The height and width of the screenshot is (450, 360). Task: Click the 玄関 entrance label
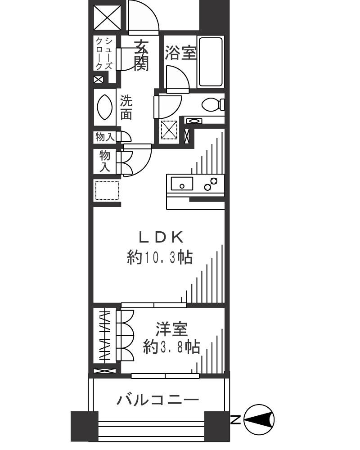141,55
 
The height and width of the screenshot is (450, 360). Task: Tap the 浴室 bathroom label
180,54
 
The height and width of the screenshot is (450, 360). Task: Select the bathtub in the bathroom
211,62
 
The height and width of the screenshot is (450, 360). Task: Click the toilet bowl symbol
212,105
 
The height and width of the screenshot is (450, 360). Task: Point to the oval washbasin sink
105,106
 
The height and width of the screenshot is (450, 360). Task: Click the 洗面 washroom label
126,108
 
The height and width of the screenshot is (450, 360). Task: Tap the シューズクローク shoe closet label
103,53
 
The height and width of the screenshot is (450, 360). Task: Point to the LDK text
161,237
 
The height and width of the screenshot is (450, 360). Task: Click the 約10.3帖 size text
160,258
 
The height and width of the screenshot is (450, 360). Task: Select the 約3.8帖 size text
171,347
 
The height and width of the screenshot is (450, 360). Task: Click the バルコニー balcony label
157,399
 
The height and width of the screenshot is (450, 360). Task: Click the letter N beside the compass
235,420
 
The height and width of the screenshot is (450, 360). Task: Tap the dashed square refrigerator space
107,191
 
